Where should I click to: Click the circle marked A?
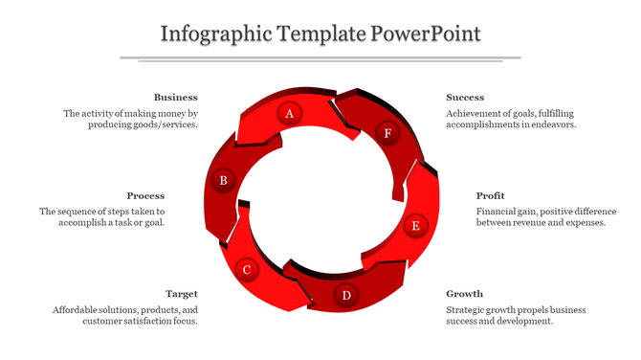click(x=289, y=114)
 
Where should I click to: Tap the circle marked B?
click(x=223, y=180)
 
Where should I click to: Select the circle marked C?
click(x=246, y=270)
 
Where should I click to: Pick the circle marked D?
click(x=346, y=296)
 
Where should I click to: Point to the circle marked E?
click(x=414, y=226)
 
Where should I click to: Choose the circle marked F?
click(x=387, y=133)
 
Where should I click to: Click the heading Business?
click(x=176, y=98)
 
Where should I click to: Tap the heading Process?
click(x=145, y=196)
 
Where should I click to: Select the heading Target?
click(x=182, y=294)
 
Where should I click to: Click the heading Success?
click(x=465, y=98)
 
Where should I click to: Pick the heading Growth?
click(x=465, y=294)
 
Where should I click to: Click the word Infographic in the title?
click(x=216, y=34)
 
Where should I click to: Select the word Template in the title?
click(x=321, y=34)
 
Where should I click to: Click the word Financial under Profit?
click(x=498, y=212)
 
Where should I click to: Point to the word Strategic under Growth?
click(x=467, y=310)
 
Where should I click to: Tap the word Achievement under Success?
click(x=475, y=113)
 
